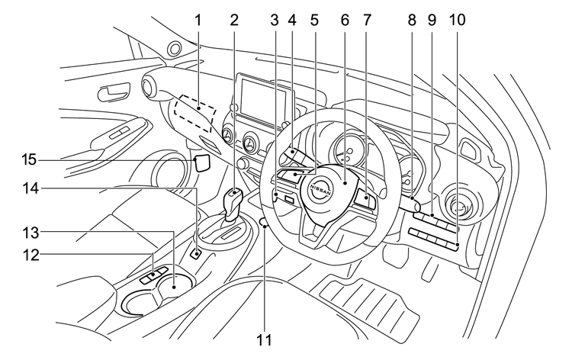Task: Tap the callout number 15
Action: point(28,160)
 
